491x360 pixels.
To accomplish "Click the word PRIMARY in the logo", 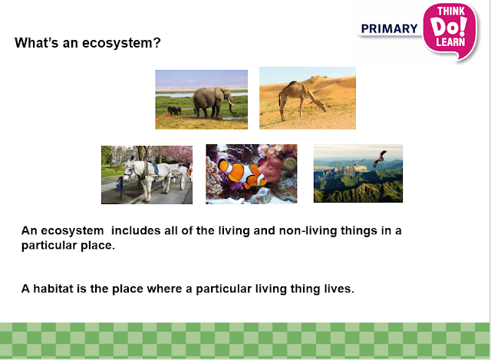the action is tap(389, 28).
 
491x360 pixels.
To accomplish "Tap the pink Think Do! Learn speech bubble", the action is tap(450, 31).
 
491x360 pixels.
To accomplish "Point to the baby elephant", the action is tap(174, 110).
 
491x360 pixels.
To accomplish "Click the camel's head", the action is tap(322, 108).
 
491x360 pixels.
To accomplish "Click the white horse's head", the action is tap(129, 171).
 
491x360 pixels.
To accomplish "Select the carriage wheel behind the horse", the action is tap(183, 181).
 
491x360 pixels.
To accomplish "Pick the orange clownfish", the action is tap(242, 173).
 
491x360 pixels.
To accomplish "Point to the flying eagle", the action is tap(380, 158).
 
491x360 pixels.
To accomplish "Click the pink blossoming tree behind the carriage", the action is tap(177, 154).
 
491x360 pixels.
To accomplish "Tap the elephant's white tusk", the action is tap(233, 103).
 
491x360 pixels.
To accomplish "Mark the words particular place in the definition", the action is tap(68, 245).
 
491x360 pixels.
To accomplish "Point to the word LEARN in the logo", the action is tap(450, 42).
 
